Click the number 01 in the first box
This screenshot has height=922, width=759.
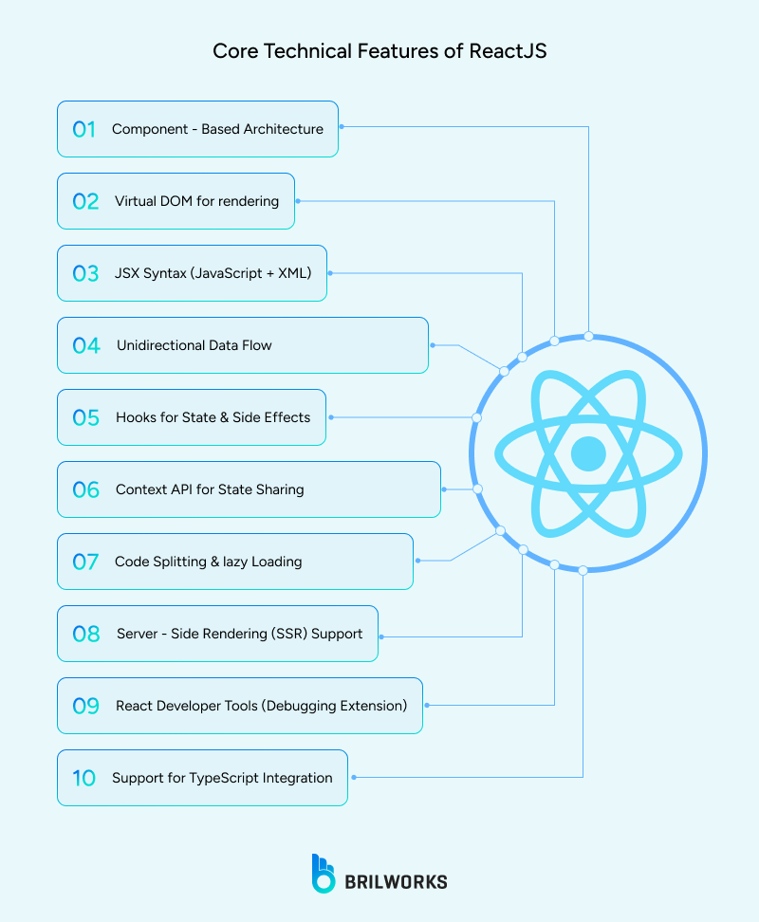click(84, 129)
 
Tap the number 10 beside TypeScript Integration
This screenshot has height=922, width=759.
click(84, 778)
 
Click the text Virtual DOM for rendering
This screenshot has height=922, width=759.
click(196, 201)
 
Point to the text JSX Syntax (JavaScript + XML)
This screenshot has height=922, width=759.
click(212, 273)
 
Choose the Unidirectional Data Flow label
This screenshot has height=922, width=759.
click(194, 345)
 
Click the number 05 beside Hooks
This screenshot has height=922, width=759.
click(85, 417)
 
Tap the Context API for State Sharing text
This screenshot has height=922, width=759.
click(210, 489)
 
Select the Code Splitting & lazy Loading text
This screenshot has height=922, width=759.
click(208, 562)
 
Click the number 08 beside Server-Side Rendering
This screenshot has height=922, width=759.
click(85, 634)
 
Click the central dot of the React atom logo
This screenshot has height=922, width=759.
click(588, 453)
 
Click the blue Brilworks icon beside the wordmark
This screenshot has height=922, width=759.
click(324, 874)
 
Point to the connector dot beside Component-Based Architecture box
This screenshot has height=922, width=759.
click(342, 126)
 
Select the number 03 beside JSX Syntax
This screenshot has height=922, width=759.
click(85, 273)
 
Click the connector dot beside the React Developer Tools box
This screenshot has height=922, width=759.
click(426, 705)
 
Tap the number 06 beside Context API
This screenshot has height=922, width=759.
click(85, 489)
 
